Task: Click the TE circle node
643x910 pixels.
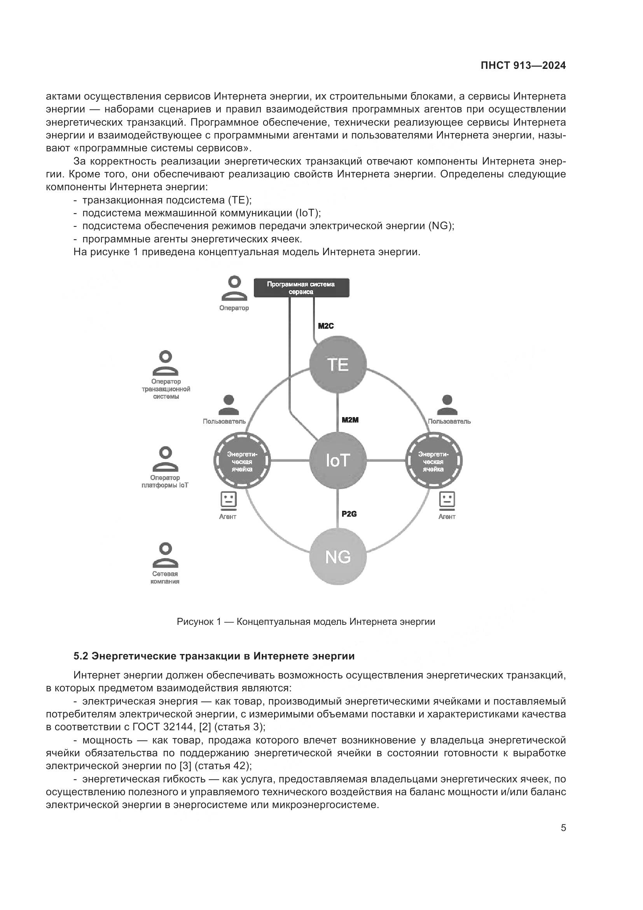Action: pyautogui.click(x=338, y=364)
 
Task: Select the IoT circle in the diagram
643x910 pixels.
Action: pyautogui.click(x=338, y=461)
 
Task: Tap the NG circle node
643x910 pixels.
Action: pyautogui.click(x=338, y=557)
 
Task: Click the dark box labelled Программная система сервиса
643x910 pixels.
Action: pyautogui.click(x=301, y=288)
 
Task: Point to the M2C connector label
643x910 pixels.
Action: pyautogui.click(x=326, y=326)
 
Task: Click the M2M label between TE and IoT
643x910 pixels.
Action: pyautogui.click(x=350, y=420)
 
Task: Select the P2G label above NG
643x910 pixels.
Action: pyautogui.click(x=349, y=514)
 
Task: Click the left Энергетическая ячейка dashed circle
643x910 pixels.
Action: pyautogui.click(x=242, y=461)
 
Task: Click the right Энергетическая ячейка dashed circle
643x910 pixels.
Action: pyautogui.click(x=434, y=461)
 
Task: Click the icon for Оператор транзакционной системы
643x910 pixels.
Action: pyautogui.click(x=166, y=363)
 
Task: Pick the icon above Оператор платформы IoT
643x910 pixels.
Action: pyautogui.click(x=166, y=459)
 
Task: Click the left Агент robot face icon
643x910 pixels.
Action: pyautogui.click(x=228, y=500)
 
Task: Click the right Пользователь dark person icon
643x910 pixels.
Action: pyautogui.click(x=447, y=405)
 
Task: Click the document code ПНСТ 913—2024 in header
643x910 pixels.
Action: pyautogui.click(x=523, y=66)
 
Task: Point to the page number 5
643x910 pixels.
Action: pyautogui.click(x=563, y=828)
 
